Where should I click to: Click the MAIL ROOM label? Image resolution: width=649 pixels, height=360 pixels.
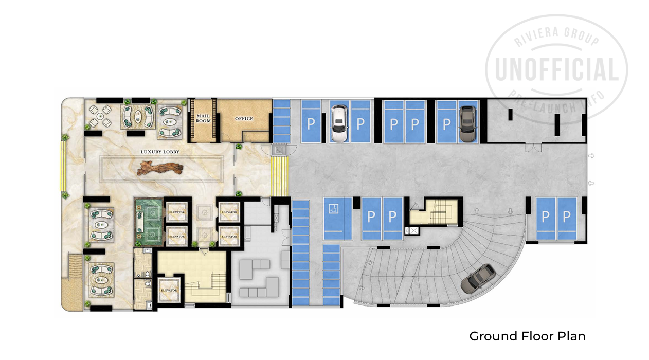coord(204,118)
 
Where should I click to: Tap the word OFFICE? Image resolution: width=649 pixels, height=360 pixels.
coord(244,119)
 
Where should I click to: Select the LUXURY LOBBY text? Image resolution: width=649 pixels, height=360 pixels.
coord(159,152)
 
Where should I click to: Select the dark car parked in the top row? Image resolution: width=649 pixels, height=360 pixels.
coord(467,123)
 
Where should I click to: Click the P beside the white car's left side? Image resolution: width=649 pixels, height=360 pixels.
coord(311,124)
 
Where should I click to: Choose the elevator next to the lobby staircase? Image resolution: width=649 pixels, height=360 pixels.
coord(169,290)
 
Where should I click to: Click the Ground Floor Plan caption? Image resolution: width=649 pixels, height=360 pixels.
coord(527,336)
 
